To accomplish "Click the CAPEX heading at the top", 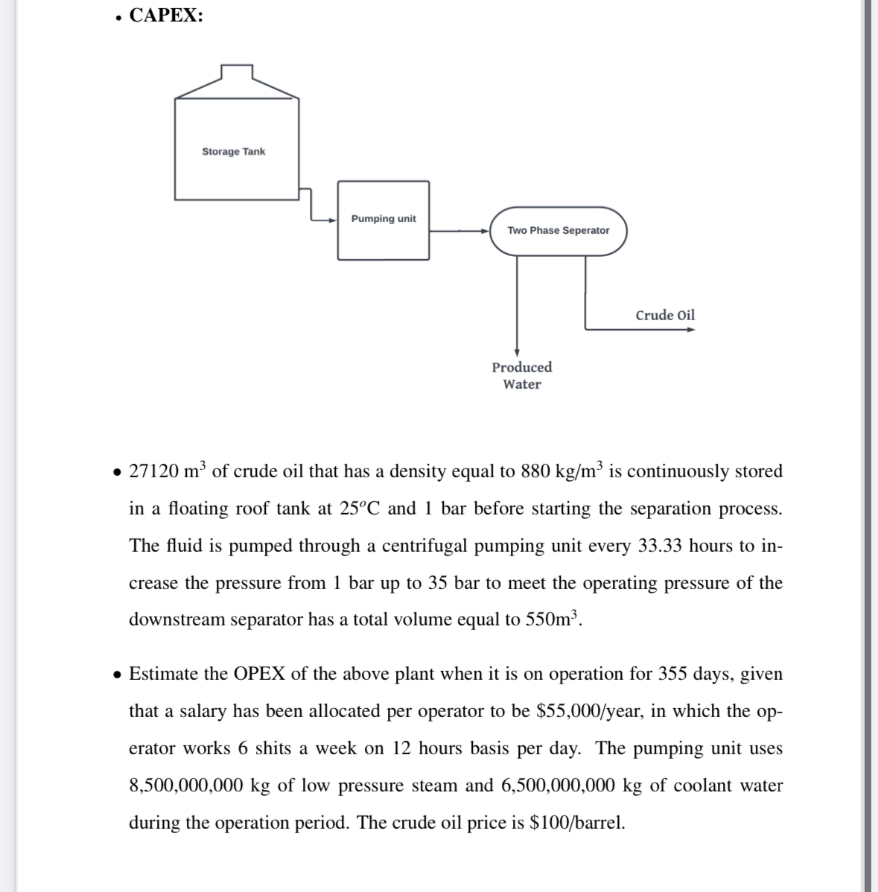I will (165, 16).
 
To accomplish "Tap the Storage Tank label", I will (233, 151).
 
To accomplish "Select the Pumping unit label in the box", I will (384, 218).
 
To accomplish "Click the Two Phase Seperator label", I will (558, 230).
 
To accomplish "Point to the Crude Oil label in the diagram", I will (665, 315).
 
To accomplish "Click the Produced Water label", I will (522, 375).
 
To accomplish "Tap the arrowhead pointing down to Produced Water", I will (516, 352).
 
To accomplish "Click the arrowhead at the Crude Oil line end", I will (690, 330).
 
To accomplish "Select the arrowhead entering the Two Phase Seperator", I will (484, 231).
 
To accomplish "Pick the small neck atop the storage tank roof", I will (237, 72).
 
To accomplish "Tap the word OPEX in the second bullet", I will (260, 674).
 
